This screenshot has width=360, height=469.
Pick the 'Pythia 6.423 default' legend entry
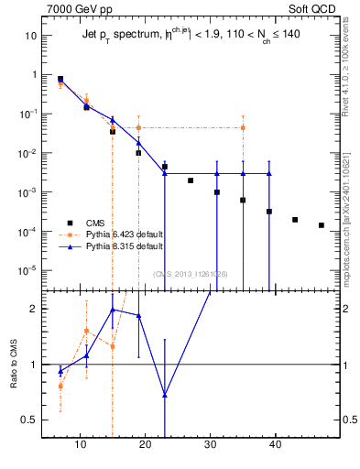coord(116,234)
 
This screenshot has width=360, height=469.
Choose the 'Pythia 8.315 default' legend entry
coord(116,246)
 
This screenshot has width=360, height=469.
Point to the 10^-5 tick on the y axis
coord(28,271)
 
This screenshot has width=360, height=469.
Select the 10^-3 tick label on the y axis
coord(28,192)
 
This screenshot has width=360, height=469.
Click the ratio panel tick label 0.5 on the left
coord(30,420)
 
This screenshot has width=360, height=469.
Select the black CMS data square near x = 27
coord(191,180)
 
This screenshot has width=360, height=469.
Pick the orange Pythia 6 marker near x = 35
coord(243,127)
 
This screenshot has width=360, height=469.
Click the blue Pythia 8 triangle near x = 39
coord(269,173)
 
